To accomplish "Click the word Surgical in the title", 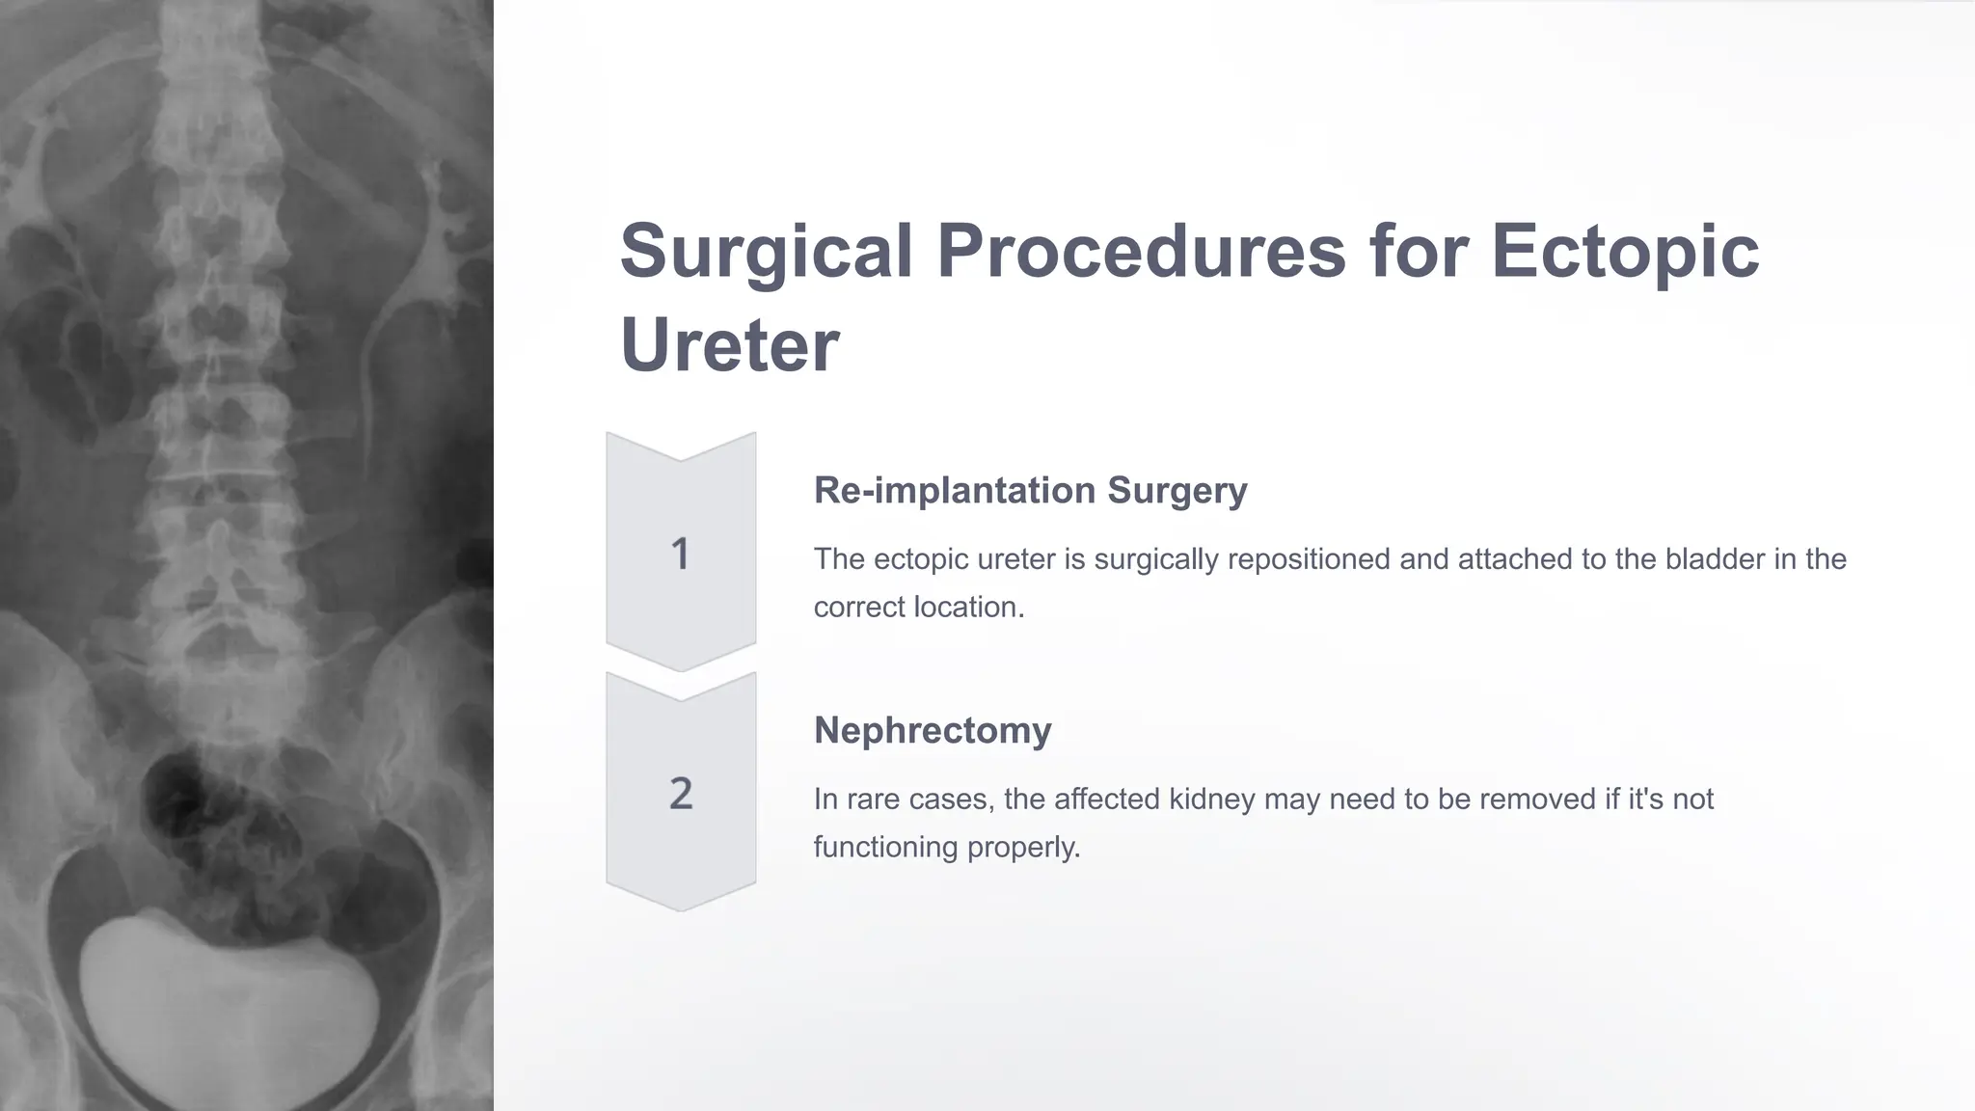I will coord(766,251).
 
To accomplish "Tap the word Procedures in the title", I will coord(1141,251).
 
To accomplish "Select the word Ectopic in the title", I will coord(1625,251).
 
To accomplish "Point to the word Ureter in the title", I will coord(729,345).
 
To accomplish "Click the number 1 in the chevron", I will coord(680,554).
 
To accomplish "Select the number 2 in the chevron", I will coord(681,794).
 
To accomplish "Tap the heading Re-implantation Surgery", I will coord(1030,490).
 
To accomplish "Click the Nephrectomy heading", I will coord(933,730).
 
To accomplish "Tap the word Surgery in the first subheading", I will coord(1177,490).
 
